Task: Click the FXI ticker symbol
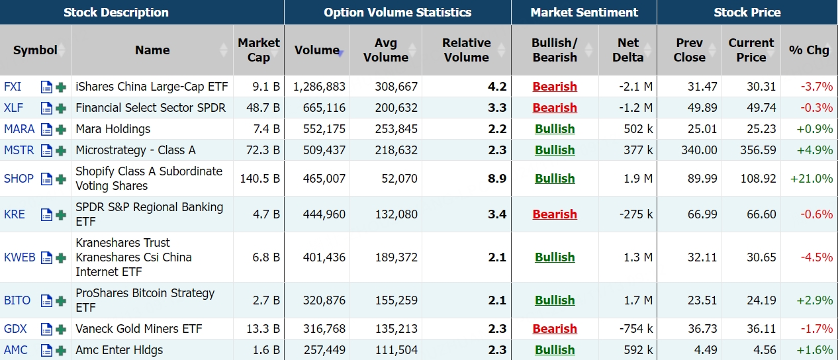[13, 87]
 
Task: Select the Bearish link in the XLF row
[555, 108]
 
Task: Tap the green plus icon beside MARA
[61, 129]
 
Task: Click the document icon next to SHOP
[46, 179]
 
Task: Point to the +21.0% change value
[812, 179]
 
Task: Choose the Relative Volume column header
[466, 50]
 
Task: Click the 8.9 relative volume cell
[497, 179]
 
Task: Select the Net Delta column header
[628, 50]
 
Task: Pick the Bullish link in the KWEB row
[555, 257]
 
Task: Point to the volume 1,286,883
[319, 87]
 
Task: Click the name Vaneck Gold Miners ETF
[139, 329]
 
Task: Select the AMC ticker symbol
[16, 350]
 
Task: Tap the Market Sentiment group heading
[584, 13]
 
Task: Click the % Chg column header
[809, 50]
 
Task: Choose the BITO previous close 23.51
[701, 300]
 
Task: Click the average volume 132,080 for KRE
[396, 214]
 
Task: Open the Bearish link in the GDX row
[555, 329]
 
